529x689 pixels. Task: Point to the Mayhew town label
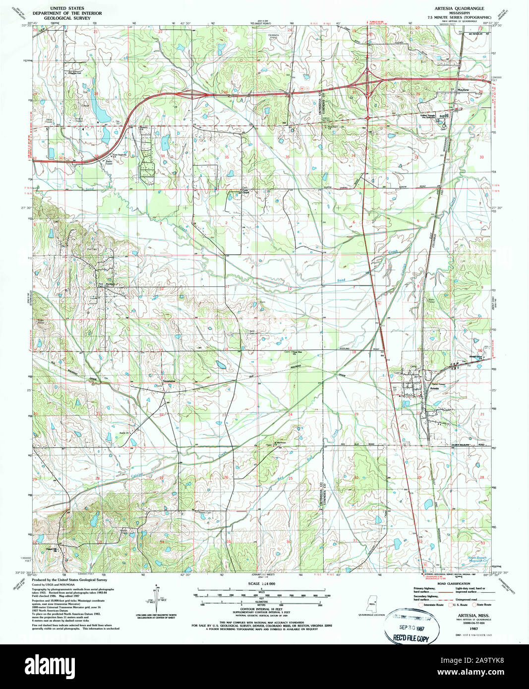tap(463, 90)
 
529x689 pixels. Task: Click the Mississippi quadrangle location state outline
tap(373, 604)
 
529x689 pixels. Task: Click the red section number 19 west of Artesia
tap(356, 413)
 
